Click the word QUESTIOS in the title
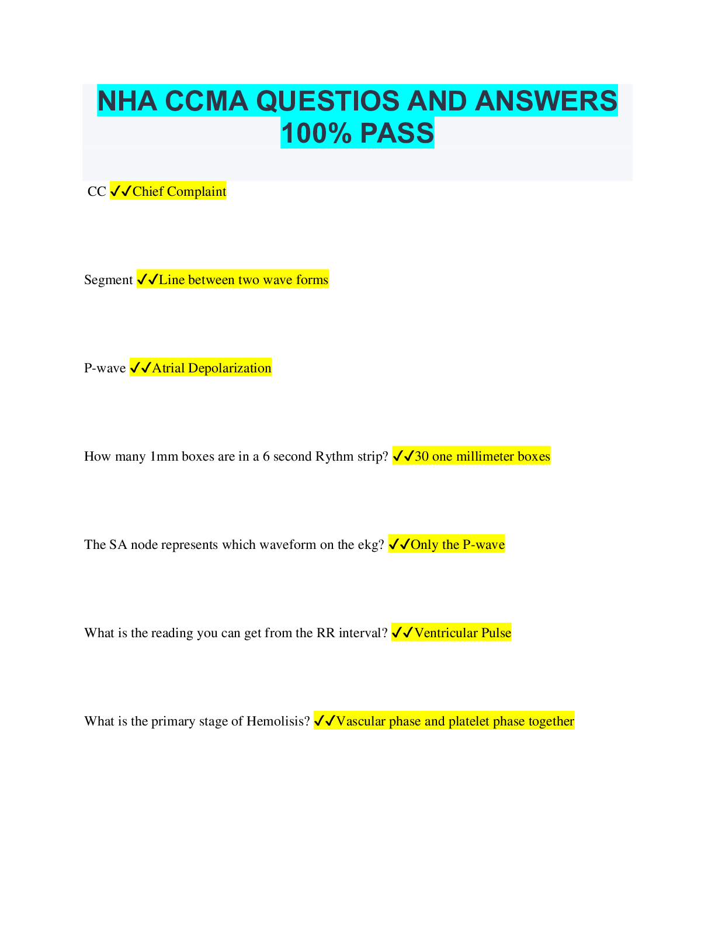click(x=328, y=101)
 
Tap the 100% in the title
click(x=317, y=133)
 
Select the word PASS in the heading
click(x=397, y=133)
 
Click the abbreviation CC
click(x=96, y=192)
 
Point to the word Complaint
click(x=196, y=192)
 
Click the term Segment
click(x=109, y=280)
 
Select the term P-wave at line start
click(x=105, y=368)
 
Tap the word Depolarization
click(x=230, y=368)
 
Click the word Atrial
click(x=168, y=368)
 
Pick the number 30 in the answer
click(x=422, y=457)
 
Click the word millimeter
click(x=486, y=457)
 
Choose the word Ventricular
click(x=446, y=633)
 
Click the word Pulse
click(x=496, y=633)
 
